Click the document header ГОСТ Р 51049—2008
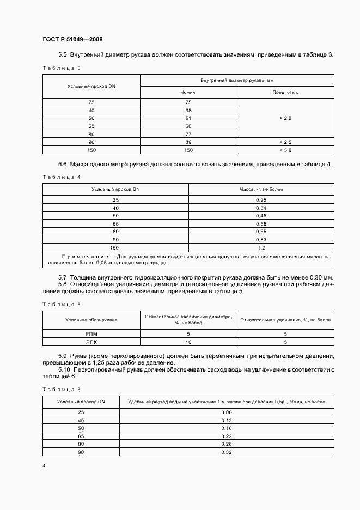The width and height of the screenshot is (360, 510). (x=72, y=40)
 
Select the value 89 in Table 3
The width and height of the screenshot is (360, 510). (x=188, y=142)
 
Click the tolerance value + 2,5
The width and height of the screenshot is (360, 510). (x=285, y=142)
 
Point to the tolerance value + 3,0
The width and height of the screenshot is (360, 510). (x=285, y=149)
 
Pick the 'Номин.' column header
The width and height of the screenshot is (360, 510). (x=188, y=93)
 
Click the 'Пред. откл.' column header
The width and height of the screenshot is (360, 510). (x=285, y=93)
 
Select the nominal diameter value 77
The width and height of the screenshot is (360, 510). (x=188, y=134)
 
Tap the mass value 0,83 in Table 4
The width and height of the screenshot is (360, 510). (x=261, y=240)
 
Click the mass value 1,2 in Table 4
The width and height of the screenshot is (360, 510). (x=261, y=247)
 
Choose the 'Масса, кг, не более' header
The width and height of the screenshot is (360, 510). (x=261, y=189)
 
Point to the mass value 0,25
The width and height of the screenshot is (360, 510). (x=261, y=201)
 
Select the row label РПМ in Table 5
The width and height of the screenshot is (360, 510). (x=91, y=333)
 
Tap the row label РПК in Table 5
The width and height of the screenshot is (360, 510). (x=91, y=342)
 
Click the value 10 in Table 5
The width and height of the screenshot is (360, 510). (x=188, y=342)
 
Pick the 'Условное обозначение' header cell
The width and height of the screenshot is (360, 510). (x=91, y=320)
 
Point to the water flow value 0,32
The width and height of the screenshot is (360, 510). (x=226, y=452)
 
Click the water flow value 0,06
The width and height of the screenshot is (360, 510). (x=226, y=412)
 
